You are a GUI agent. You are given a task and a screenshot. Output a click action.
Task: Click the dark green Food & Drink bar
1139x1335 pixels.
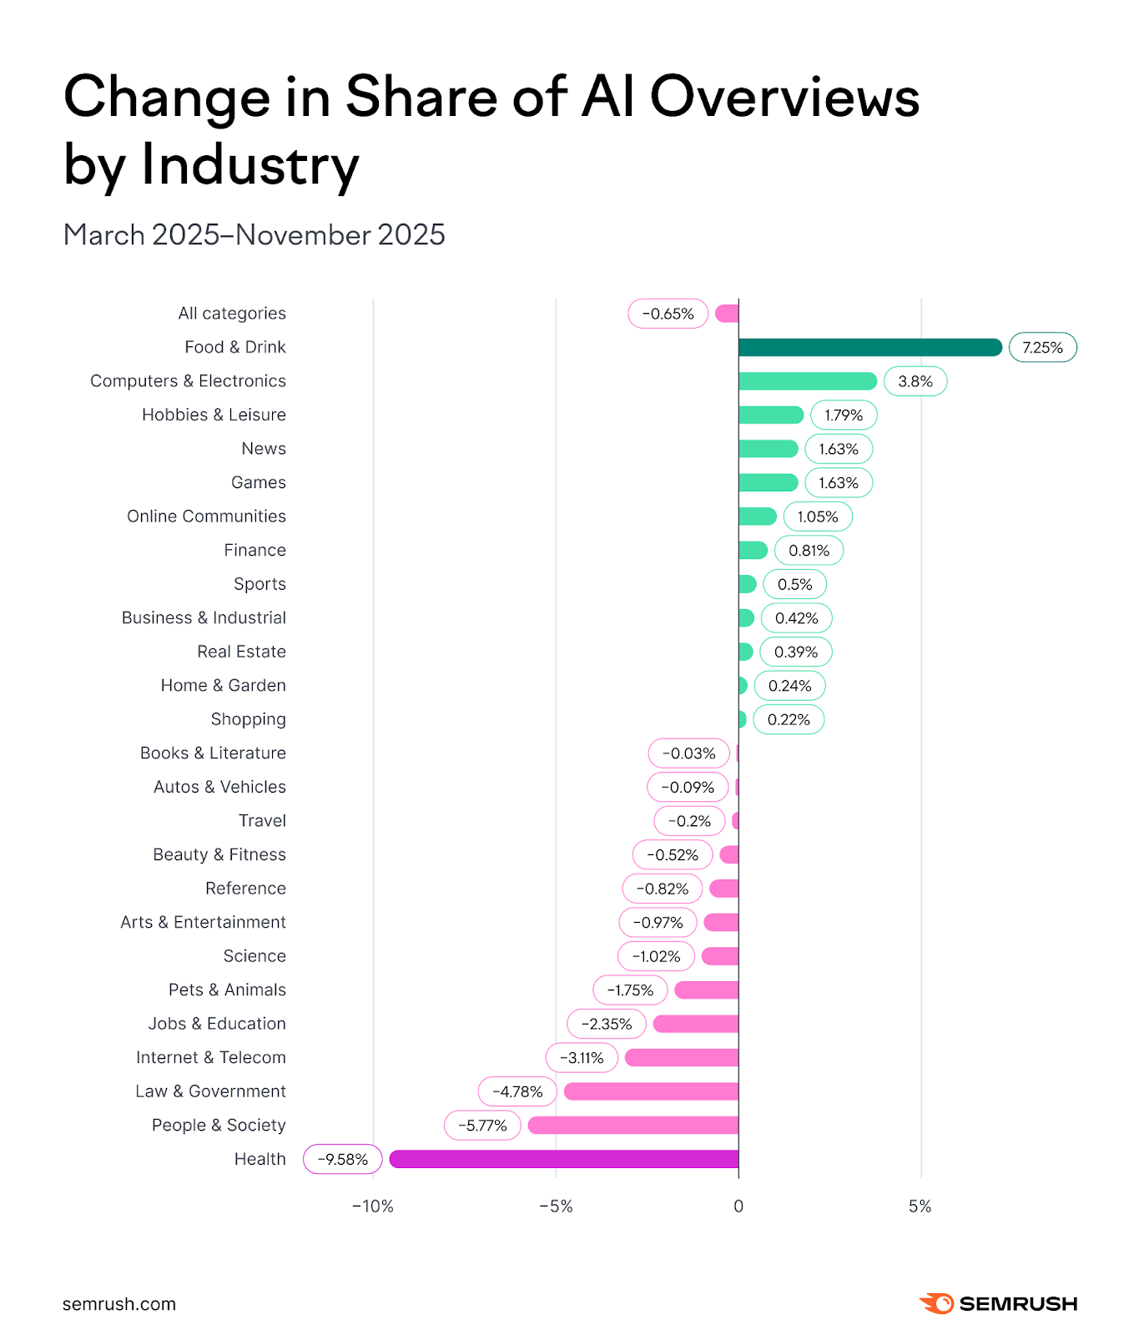[869, 347]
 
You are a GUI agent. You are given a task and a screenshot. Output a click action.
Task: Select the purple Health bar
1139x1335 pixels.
[564, 1159]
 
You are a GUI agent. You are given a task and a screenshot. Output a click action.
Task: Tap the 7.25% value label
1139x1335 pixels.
[1042, 348]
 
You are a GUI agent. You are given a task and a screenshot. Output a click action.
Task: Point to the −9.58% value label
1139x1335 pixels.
[343, 1159]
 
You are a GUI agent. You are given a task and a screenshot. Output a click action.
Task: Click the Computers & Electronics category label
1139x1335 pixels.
[188, 381]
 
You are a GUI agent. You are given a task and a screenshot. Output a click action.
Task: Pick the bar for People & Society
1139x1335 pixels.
[633, 1126]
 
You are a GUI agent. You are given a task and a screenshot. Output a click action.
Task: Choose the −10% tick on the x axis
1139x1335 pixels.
[372, 1207]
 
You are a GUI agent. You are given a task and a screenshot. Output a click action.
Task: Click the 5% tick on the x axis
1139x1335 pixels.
[920, 1207]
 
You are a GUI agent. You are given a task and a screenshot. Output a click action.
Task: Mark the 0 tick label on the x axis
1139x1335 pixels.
[738, 1207]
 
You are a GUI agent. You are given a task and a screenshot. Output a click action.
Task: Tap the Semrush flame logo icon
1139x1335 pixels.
[936, 1303]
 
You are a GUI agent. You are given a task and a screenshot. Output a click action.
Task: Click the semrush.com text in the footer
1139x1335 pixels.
[119, 1304]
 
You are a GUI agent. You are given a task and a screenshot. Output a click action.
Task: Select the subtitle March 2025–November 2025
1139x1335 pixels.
[255, 235]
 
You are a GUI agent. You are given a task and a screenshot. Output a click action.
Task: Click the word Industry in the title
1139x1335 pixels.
[250, 165]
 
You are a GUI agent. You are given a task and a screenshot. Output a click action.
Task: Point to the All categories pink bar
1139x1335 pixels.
[727, 314]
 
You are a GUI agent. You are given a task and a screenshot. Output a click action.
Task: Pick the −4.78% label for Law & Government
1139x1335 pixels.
[517, 1091]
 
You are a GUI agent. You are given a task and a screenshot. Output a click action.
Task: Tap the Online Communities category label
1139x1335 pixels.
[206, 516]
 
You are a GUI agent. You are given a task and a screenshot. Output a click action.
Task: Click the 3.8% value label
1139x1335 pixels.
[915, 381]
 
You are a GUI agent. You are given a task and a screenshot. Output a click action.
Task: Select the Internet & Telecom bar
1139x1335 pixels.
[682, 1058]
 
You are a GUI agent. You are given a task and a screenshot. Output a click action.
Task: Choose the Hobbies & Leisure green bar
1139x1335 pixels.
[770, 415]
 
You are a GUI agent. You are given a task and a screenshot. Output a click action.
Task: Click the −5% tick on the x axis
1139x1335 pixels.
[556, 1207]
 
